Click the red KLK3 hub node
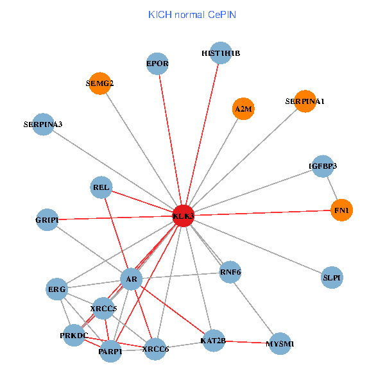[x=184, y=216]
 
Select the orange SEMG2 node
[x=99, y=83]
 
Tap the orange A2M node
[x=243, y=109]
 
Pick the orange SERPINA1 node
[x=305, y=101]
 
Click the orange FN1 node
[x=341, y=210]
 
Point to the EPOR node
[x=157, y=64]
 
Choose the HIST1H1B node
[x=221, y=53]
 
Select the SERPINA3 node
[x=43, y=124]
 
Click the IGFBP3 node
[x=323, y=166]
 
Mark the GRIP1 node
[x=47, y=220]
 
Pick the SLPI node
[x=332, y=278]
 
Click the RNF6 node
[x=230, y=272]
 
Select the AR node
[x=131, y=279]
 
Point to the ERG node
[x=57, y=289]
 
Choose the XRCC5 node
[x=103, y=309]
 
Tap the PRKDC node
[x=74, y=336]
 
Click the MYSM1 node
[x=280, y=344]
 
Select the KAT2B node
[x=213, y=340]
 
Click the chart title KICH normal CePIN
[x=192, y=14]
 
